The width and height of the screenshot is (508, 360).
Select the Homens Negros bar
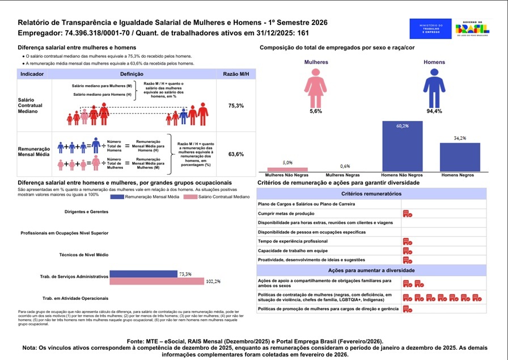[460, 156]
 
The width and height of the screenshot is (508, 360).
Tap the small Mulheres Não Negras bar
[287, 169]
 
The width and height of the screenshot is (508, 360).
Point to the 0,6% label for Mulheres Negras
[345, 166]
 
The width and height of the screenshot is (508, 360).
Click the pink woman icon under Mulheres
[315, 87]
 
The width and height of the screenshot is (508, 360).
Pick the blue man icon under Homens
[434, 87]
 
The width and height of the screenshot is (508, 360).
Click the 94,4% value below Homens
[434, 111]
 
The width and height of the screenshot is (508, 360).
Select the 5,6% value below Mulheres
[315, 111]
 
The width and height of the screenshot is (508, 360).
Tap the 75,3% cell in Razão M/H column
[236, 106]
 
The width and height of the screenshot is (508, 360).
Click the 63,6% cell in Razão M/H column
[236, 154]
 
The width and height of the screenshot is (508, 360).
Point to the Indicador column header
[32, 74]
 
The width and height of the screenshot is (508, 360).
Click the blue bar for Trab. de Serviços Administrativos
[143, 274]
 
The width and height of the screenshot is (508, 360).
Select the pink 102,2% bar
[156, 281]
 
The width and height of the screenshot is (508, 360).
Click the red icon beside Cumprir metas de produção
[407, 213]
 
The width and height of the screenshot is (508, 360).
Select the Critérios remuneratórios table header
[371, 194]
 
